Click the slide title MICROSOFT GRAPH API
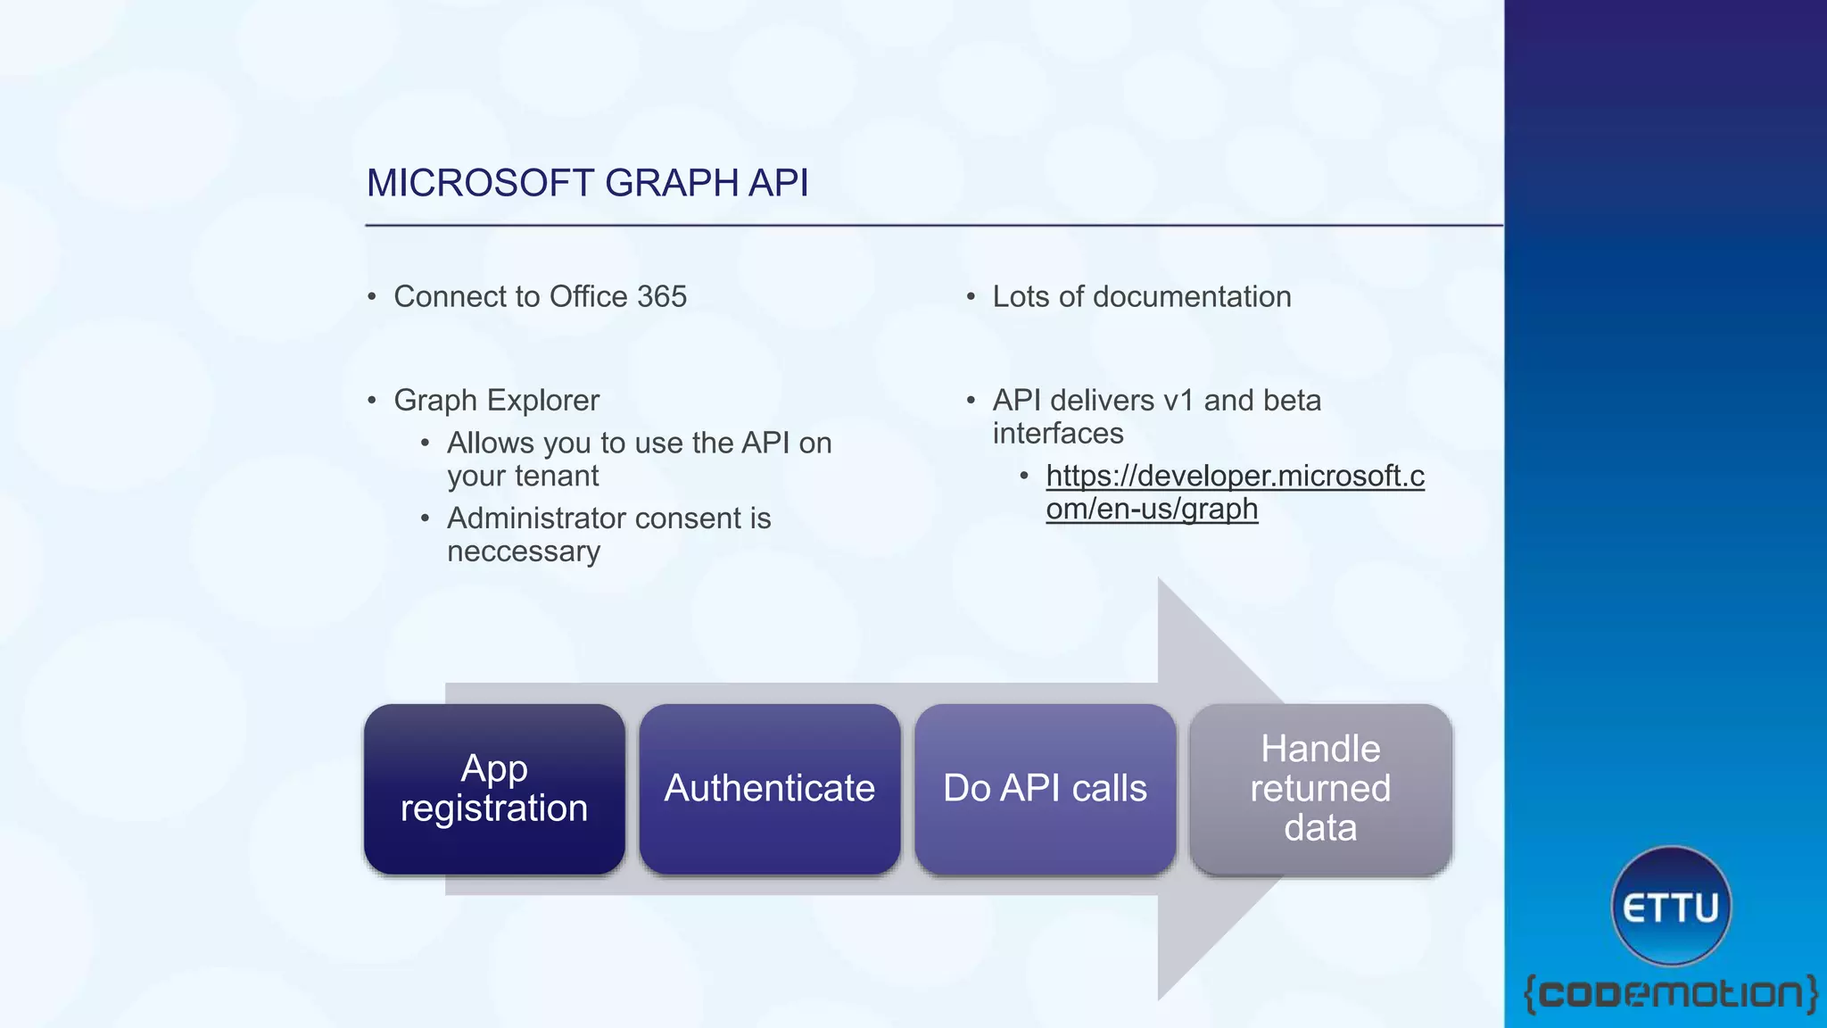[x=587, y=183]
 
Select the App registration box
[x=494, y=789]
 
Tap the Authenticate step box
[x=769, y=789]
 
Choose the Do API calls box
[x=1045, y=789]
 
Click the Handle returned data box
[x=1320, y=789]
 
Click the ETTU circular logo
[x=1671, y=907]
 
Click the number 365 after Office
[x=662, y=297]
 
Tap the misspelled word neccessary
[x=524, y=551]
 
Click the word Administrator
[x=536, y=518]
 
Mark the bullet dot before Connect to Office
[x=372, y=297]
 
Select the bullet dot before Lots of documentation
[x=971, y=297]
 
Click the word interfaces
[x=1058, y=434]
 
